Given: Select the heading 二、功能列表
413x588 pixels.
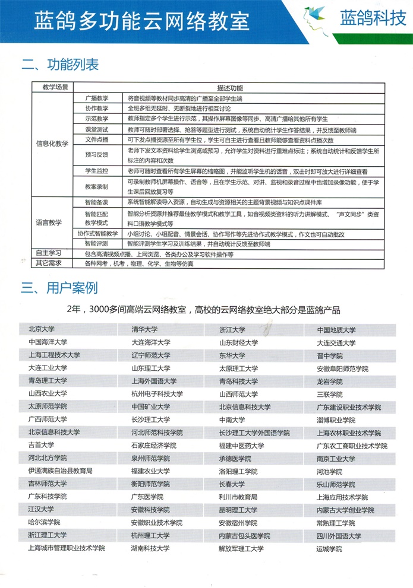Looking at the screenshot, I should coord(60,65).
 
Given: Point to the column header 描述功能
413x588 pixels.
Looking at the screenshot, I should coord(226,87).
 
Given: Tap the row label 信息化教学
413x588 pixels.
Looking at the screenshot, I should coord(52,144).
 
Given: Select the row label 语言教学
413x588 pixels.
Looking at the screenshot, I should coord(49,223).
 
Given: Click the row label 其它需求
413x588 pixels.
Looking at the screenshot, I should coord(49,263).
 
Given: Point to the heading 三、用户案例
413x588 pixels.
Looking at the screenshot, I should coord(59,289).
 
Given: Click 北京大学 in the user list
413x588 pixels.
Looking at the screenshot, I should coord(42,330).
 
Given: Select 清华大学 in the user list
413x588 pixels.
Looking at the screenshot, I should coord(145,330).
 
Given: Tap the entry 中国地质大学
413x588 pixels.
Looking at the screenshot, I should coord(336,330).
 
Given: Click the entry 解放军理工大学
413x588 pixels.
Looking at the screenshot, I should coord(241,549).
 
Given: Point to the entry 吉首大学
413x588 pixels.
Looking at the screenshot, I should coord(41,446).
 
